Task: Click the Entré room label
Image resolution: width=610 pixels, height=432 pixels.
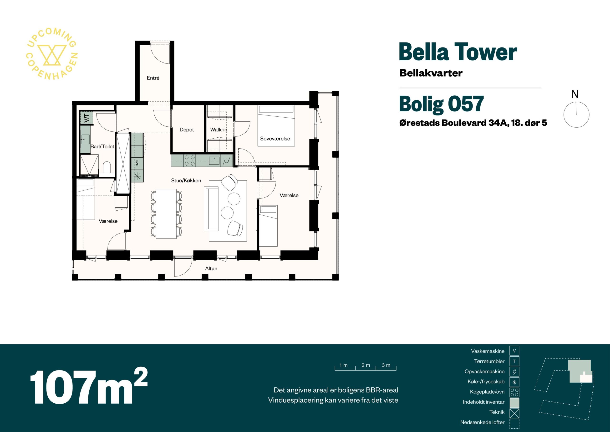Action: coord(153,78)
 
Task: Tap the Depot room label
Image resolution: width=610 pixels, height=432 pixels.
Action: coord(187,130)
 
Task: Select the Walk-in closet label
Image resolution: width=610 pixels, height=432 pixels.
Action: coord(219,130)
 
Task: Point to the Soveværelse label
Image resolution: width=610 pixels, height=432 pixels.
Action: coord(275,139)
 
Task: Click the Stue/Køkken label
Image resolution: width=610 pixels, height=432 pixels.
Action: coord(186,181)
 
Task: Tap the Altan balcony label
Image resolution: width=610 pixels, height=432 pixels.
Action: coord(211,269)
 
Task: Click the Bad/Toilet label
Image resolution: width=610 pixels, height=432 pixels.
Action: coord(102,146)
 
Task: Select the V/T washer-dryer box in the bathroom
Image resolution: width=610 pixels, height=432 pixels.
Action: coord(86,118)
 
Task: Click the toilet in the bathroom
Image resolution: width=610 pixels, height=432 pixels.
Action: coord(107,167)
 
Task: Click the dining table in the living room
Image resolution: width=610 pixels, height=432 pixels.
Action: coord(166,213)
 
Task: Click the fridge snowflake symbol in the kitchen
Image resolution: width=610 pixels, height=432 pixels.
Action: coord(137,176)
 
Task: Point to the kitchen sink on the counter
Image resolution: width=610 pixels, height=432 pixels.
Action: coord(214,161)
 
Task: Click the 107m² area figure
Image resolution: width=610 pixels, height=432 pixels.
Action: coord(89,386)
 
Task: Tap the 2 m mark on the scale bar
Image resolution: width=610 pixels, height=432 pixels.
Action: coord(366,365)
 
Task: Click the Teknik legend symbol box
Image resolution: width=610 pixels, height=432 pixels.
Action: coord(514,413)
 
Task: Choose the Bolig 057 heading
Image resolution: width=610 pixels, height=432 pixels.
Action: coord(441,104)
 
